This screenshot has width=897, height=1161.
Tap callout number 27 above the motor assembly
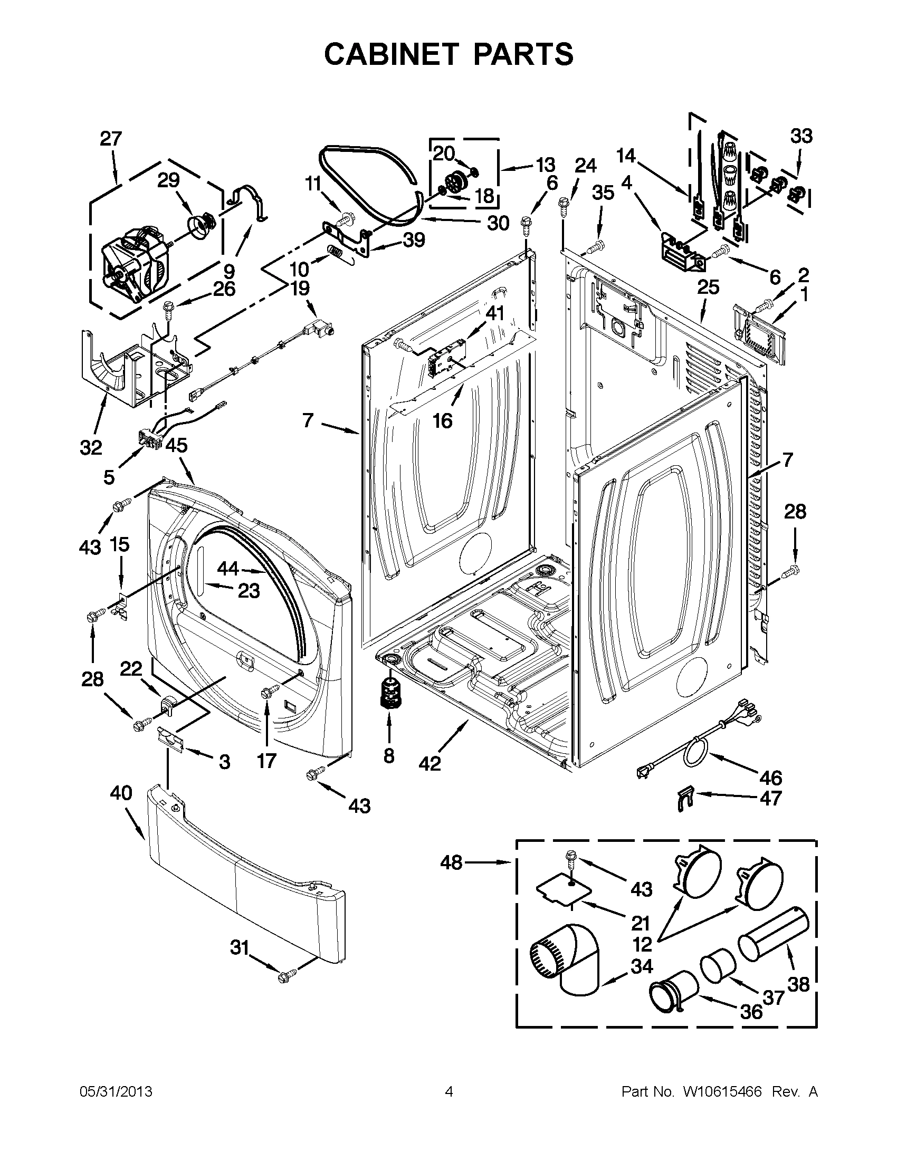point(111,139)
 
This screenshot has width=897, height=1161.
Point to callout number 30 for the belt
point(498,223)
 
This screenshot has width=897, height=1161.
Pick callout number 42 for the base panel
point(430,763)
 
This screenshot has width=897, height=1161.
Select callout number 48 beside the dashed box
point(452,862)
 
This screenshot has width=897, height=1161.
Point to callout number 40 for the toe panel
point(121,793)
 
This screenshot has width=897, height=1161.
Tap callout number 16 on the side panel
point(442,421)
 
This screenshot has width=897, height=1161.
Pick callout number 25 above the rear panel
point(708,287)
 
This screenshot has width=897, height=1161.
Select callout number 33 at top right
point(801,136)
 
